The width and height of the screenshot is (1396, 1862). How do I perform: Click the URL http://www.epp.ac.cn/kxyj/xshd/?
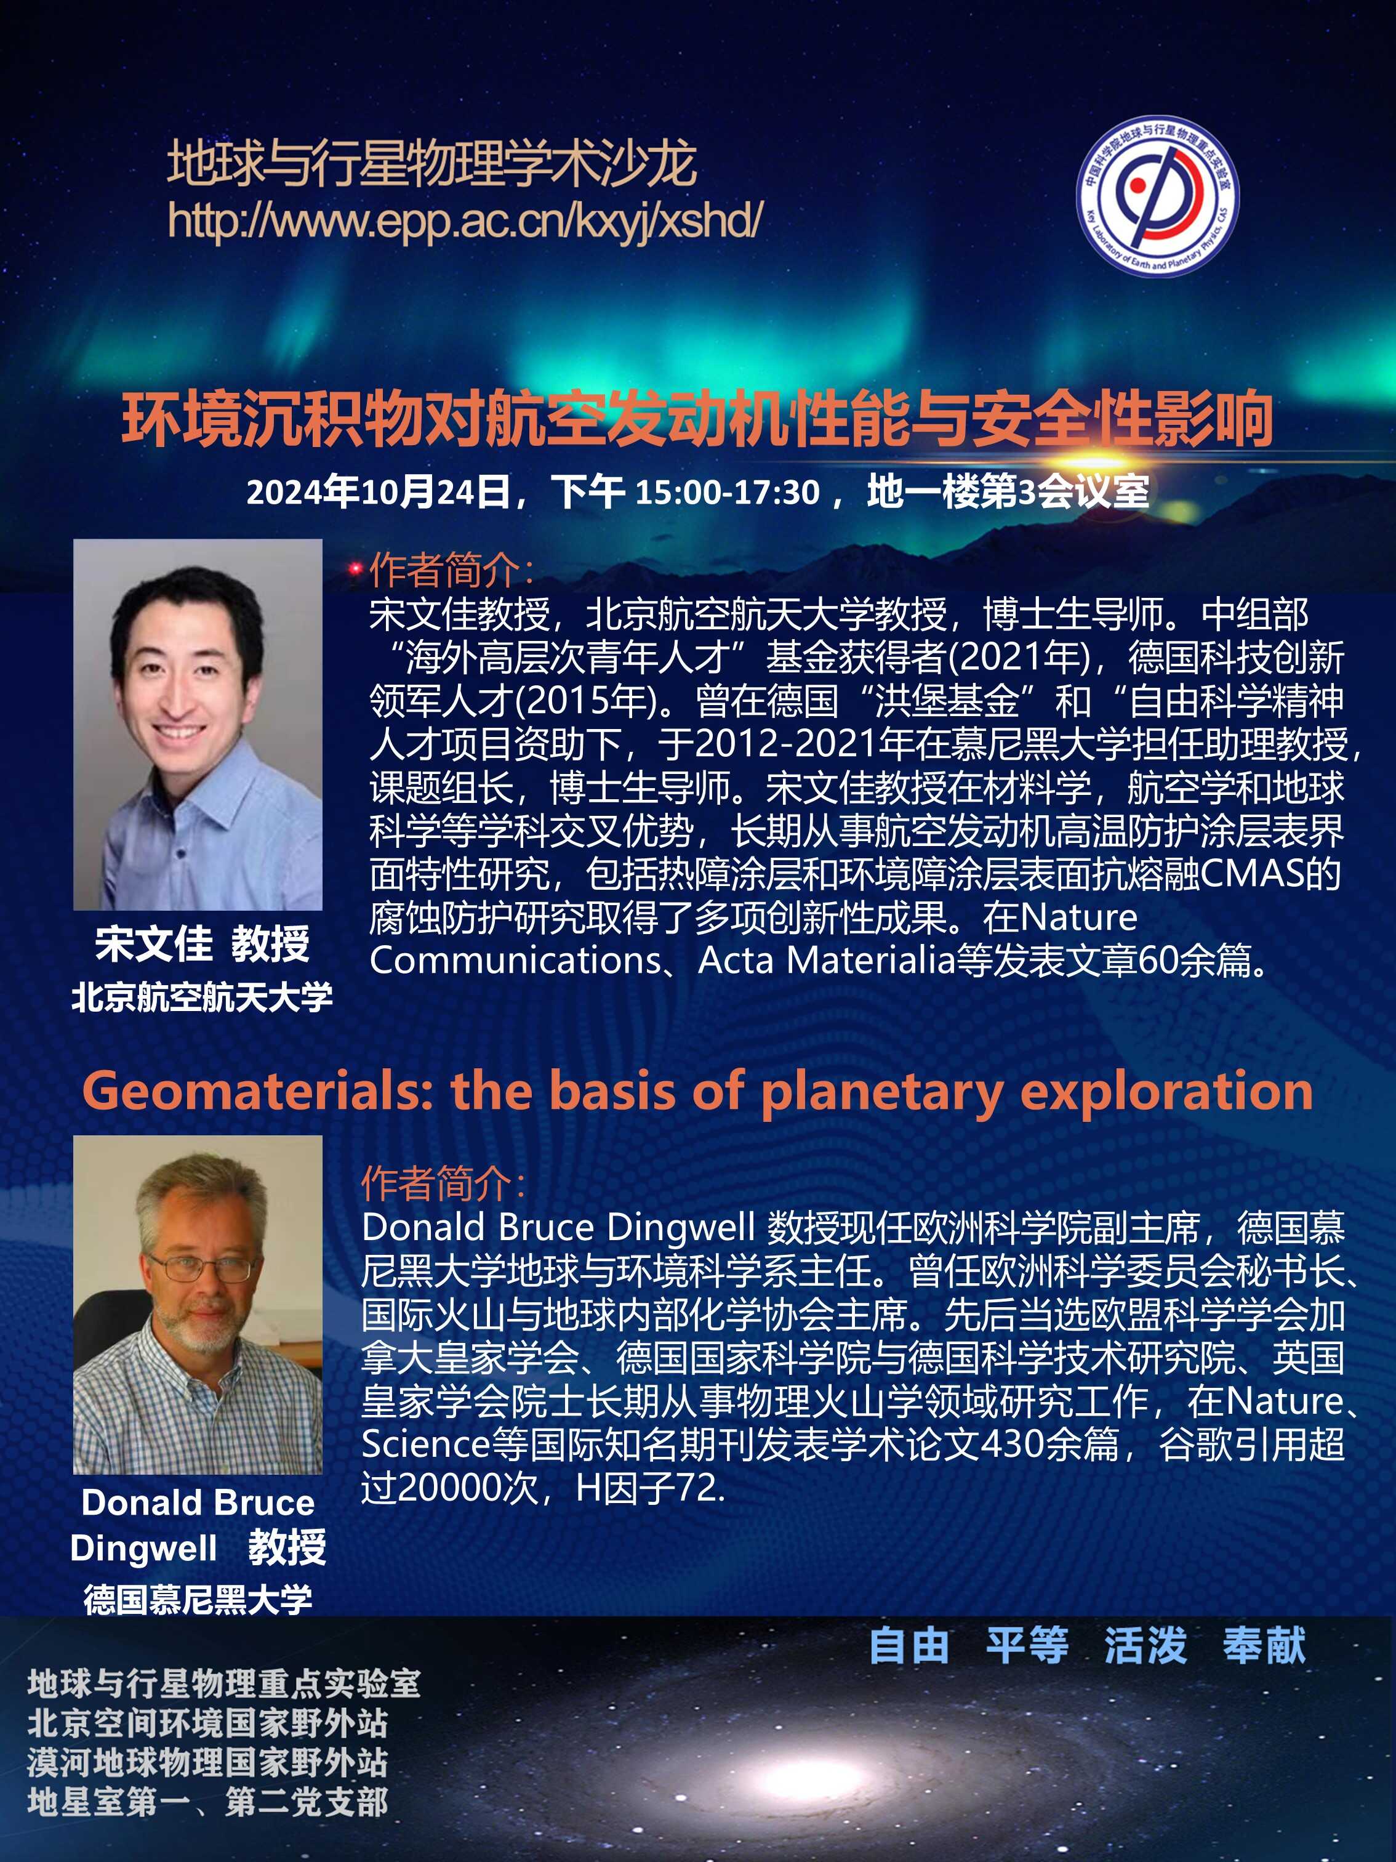point(465,220)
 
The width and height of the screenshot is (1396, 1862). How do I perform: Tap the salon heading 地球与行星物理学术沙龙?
point(431,163)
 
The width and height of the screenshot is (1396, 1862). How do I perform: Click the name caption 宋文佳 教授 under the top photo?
point(202,944)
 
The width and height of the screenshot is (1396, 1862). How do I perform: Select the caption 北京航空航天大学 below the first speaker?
point(202,997)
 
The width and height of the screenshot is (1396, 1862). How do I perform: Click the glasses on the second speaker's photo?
point(200,1270)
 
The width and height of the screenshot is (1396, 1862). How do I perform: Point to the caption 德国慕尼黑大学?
point(198,1598)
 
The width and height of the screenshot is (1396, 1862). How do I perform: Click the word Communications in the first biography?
point(515,961)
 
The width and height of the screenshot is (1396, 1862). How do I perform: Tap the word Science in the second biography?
point(426,1445)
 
